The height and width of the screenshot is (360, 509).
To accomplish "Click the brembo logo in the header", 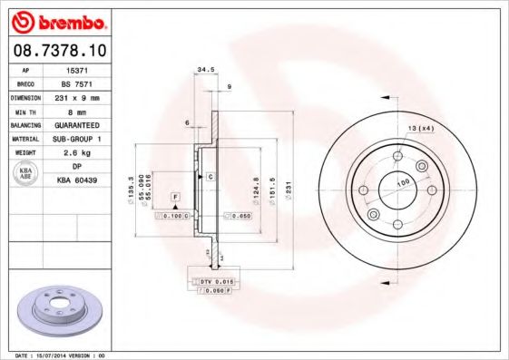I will tap(56, 20).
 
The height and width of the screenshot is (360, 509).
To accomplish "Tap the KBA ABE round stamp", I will tap(24, 174).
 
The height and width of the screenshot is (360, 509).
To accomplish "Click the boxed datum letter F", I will tap(175, 197).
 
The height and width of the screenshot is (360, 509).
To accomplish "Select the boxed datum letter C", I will tap(210, 175).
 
